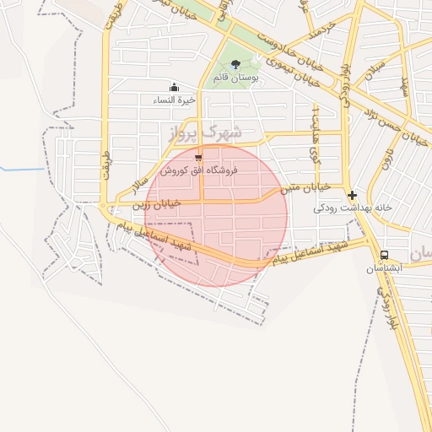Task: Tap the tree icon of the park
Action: pyautogui.click(x=235, y=64)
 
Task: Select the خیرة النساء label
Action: pyautogui.click(x=175, y=100)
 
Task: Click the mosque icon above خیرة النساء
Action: pyautogui.click(x=175, y=86)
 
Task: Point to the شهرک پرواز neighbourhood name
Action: pyautogui.click(x=204, y=132)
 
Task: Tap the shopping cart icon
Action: pyautogui.click(x=198, y=157)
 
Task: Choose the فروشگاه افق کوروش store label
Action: pyautogui.click(x=199, y=170)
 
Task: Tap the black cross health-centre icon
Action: pyautogui.click(x=352, y=194)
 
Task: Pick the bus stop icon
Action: pyautogui.click(x=385, y=255)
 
